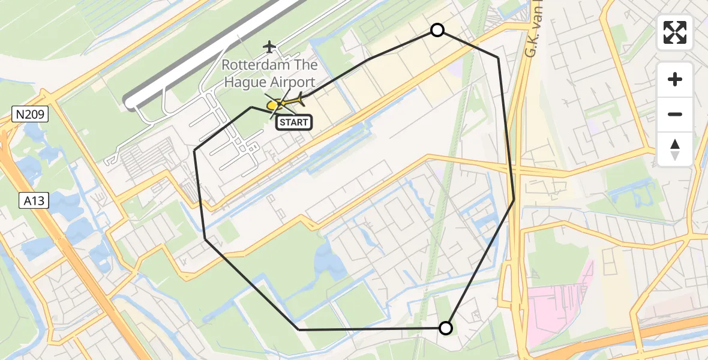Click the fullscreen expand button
tap(675, 32)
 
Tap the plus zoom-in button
tap(675, 79)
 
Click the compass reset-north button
tap(675, 149)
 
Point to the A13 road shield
tap(32, 200)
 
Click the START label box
tap(293, 122)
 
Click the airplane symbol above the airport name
tap(269, 46)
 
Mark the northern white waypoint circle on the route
tap(437, 30)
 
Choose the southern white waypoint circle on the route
tap(445, 328)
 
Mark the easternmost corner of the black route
tap(514, 199)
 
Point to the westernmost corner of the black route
tap(195, 150)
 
